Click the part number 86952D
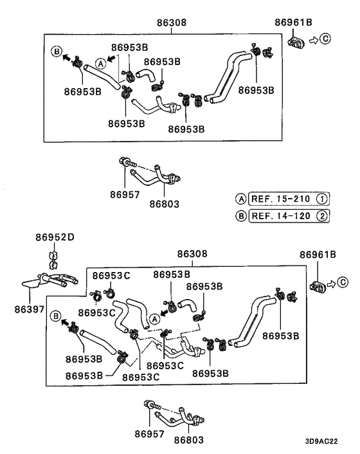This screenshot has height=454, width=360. (55, 237)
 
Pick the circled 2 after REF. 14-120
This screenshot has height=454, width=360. (321, 215)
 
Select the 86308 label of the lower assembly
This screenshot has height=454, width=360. (191, 255)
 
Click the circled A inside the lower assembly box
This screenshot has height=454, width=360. (154, 318)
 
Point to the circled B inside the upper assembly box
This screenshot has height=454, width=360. (57, 51)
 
